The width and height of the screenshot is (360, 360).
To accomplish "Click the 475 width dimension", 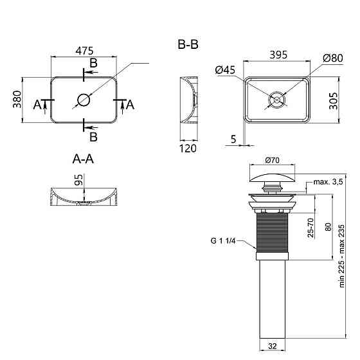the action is (x=84, y=51).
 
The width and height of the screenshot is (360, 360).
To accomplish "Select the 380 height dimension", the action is (x=17, y=99).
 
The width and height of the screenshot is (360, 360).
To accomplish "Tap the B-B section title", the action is (x=188, y=44).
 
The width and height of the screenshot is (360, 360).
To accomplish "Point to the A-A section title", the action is (x=83, y=159).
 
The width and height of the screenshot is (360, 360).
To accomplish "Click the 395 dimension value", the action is (x=278, y=55).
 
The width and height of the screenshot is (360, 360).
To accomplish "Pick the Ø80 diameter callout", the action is (x=333, y=58).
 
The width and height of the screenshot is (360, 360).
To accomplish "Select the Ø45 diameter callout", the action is (x=225, y=70).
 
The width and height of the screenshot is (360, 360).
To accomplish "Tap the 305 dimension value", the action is (x=334, y=101).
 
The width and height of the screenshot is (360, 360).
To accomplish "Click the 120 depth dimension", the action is (x=188, y=148).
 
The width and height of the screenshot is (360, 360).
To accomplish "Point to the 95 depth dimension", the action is (x=78, y=180).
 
